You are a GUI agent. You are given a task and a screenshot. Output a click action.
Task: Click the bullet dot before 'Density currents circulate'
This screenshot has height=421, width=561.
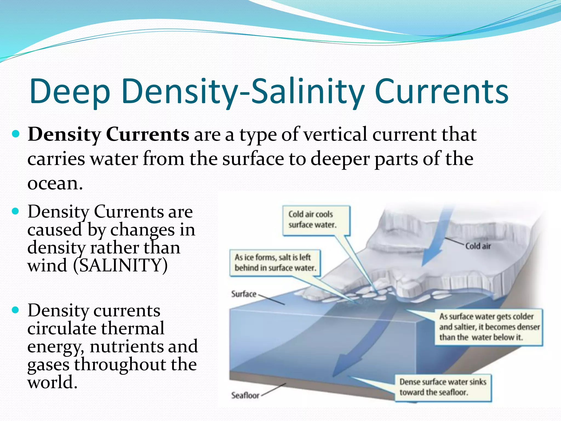coord(16,310)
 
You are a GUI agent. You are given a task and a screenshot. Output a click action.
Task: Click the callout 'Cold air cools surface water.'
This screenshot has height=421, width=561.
coord(316,220)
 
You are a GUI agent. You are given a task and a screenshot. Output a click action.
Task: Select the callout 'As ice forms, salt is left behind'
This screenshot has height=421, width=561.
coord(275,263)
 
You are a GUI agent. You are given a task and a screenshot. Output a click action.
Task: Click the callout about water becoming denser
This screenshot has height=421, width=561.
coord(489,327)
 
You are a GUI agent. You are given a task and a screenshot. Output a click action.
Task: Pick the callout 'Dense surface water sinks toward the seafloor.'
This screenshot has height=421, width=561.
coord(443,387)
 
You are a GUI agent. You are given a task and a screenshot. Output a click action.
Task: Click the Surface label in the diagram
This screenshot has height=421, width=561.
coord(244,294)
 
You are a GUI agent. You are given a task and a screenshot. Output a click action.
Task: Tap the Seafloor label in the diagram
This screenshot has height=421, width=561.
coord(245,395)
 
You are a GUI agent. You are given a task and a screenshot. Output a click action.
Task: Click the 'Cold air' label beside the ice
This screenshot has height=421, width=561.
coord(478,246)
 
